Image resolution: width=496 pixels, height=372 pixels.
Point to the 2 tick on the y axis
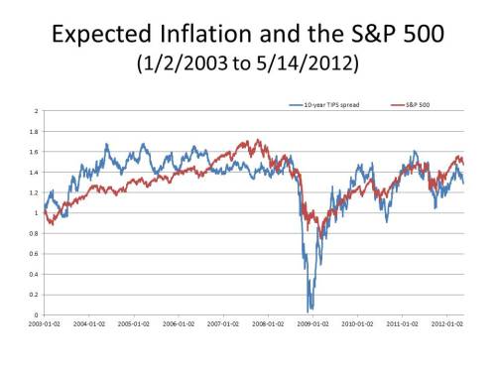(x=37, y=110)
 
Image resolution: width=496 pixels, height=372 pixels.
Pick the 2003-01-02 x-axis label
(x=45, y=322)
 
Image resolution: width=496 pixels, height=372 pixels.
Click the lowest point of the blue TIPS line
(x=310, y=310)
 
